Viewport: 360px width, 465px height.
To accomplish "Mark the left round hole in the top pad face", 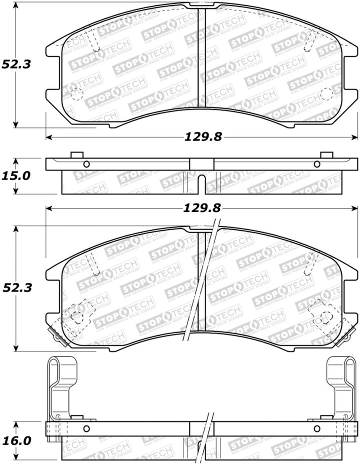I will click(76, 93).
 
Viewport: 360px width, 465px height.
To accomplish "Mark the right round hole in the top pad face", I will click(325, 93).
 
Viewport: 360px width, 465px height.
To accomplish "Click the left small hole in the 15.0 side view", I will click(86, 164).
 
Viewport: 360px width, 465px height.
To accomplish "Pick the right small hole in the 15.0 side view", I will click(316, 164).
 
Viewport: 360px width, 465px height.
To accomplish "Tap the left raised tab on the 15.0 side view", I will click(76, 155).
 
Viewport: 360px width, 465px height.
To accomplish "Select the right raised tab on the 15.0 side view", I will click(326, 155).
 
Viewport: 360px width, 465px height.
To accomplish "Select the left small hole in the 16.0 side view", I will click(86, 428).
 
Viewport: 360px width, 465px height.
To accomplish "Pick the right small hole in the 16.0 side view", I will click(316, 428).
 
